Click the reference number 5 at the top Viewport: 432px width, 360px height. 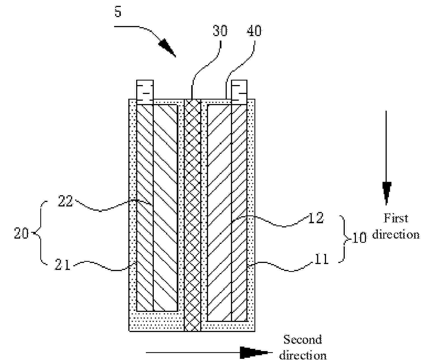click(118, 11)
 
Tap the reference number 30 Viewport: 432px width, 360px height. click(220, 31)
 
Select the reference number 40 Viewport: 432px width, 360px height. click(254, 31)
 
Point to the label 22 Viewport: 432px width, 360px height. click(65, 201)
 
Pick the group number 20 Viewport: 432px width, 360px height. click(21, 233)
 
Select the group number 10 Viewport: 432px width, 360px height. click(359, 237)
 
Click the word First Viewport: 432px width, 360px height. click(396, 218)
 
